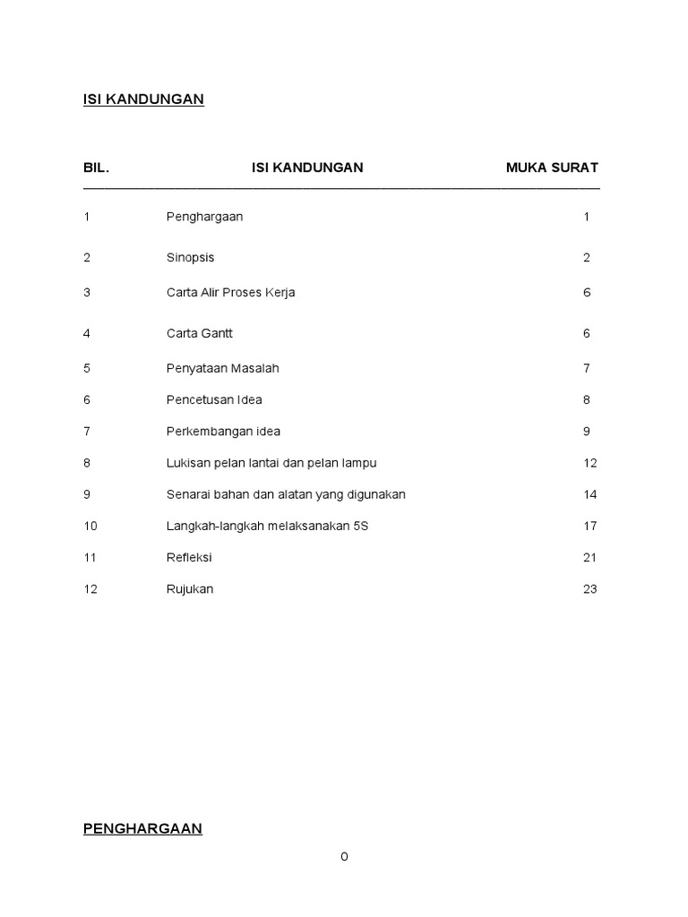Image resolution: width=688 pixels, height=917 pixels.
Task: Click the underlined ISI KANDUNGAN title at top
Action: pyautogui.click(x=143, y=99)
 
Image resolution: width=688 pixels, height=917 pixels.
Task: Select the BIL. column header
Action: pyautogui.click(x=97, y=167)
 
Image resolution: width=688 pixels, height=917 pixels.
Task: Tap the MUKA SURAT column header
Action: pyautogui.click(x=552, y=167)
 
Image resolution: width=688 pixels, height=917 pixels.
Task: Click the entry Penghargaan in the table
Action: pyautogui.click(x=204, y=217)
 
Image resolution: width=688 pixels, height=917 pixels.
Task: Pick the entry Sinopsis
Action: pyautogui.click(x=190, y=258)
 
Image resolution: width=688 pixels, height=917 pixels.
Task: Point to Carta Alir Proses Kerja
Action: pyautogui.click(x=230, y=293)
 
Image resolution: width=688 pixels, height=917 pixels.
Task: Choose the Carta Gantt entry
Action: pyautogui.click(x=199, y=333)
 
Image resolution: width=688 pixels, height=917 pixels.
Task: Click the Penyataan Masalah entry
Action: pyautogui.click(x=222, y=368)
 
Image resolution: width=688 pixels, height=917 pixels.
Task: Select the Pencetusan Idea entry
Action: pyautogui.click(x=214, y=400)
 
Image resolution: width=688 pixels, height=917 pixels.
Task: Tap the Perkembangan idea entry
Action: pyautogui.click(x=223, y=432)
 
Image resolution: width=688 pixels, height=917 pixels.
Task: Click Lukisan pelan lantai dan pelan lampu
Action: pyautogui.click(x=271, y=463)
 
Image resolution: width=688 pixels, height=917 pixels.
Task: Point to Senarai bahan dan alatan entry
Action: pyautogui.click(x=286, y=494)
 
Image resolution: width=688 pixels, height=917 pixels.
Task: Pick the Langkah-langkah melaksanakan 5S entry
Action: pyautogui.click(x=267, y=526)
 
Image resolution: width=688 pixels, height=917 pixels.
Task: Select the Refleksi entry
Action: pyautogui.click(x=189, y=557)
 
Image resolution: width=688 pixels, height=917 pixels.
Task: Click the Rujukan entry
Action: pyautogui.click(x=190, y=589)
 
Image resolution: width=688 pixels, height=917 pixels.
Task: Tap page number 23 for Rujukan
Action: pyautogui.click(x=589, y=589)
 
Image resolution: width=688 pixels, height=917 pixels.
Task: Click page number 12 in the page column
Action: pyautogui.click(x=589, y=463)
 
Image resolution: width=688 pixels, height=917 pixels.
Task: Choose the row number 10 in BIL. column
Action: pyautogui.click(x=90, y=526)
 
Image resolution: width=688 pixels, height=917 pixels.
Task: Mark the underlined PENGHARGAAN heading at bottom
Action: pyautogui.click(x=142, y=829)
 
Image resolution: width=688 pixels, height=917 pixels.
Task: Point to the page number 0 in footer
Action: pyautogui.click(x=344, y=857)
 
